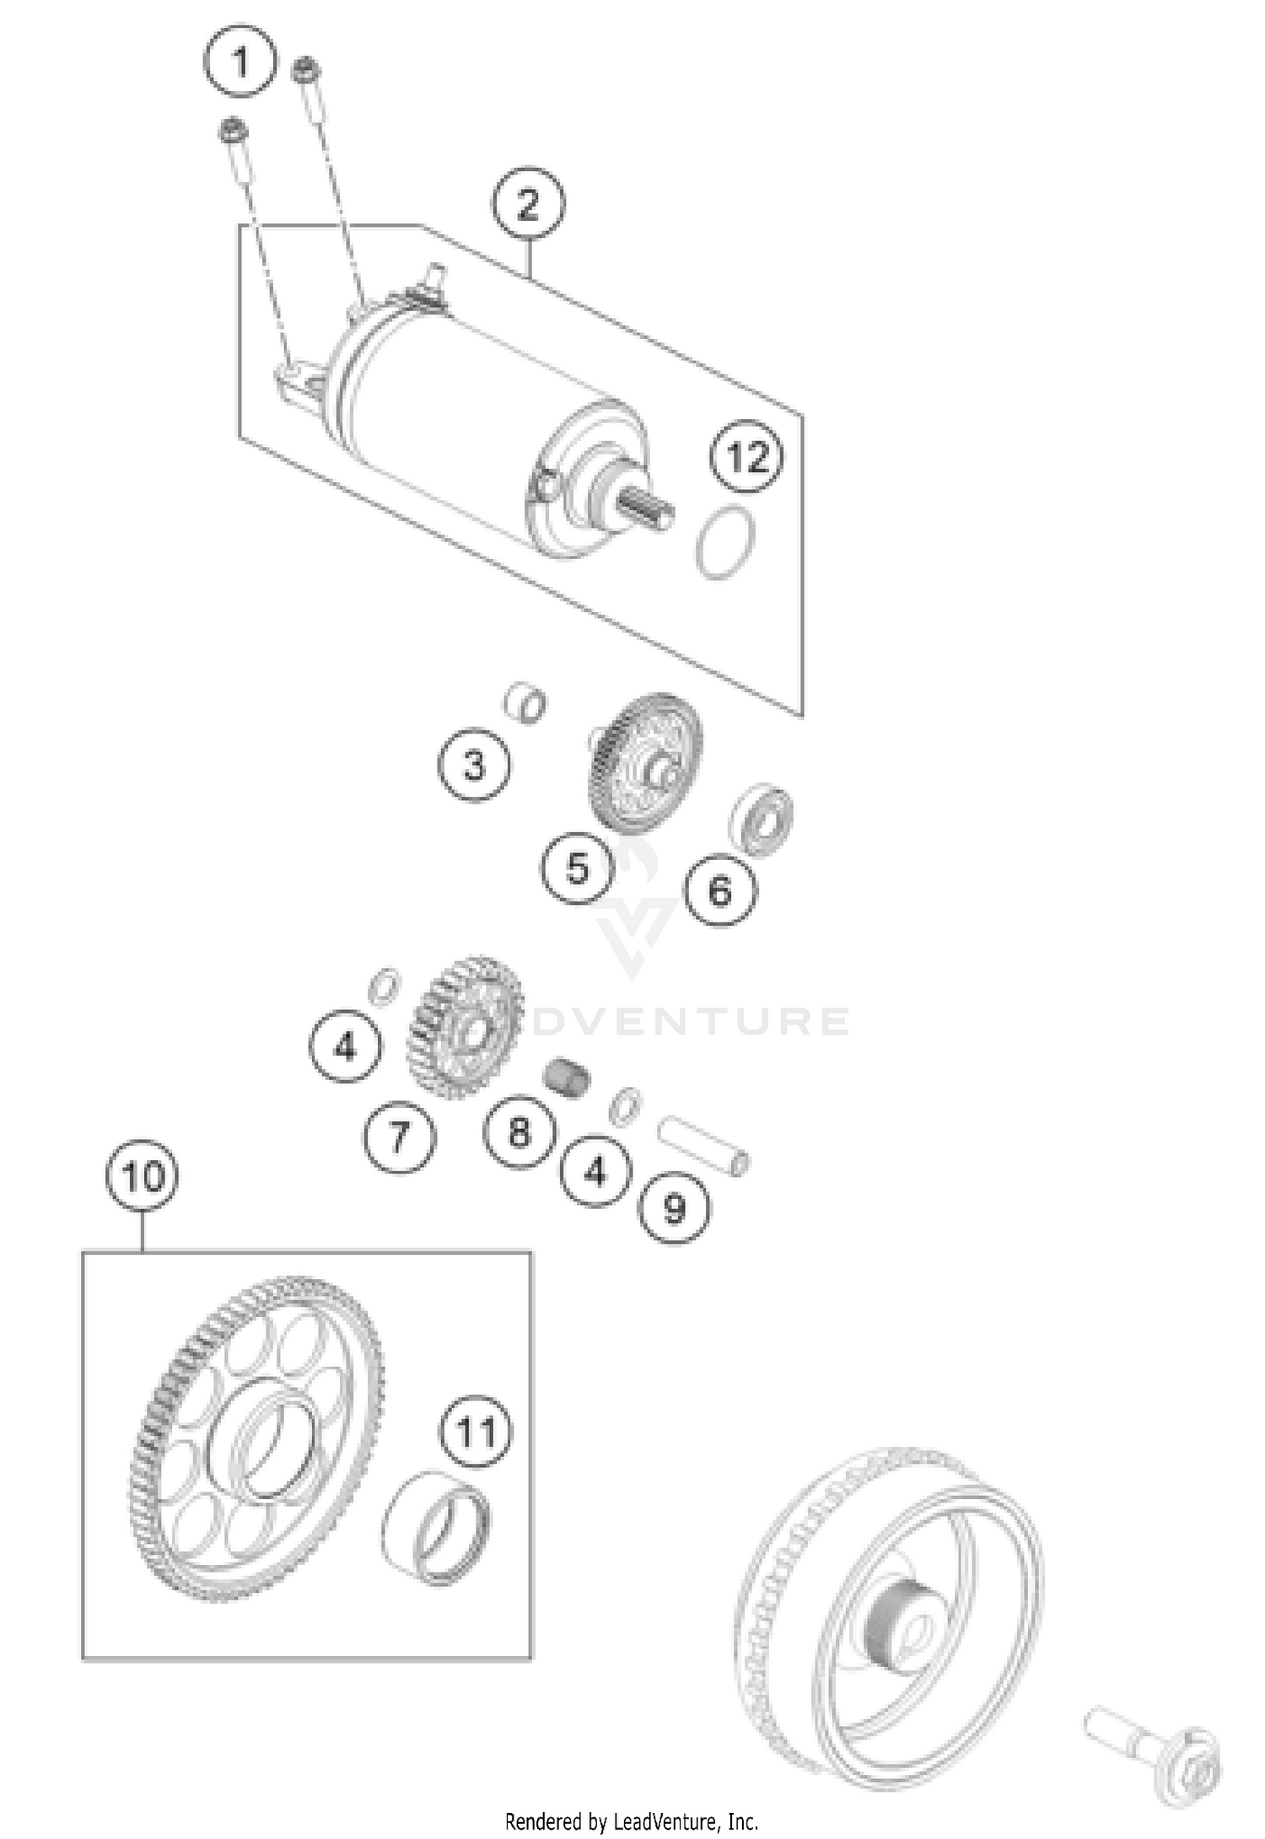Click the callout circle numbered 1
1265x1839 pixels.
point(240,62)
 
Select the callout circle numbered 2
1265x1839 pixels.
point(529,204)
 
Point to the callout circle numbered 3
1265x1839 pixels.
point(474,766)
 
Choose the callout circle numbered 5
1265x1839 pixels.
point(578,868)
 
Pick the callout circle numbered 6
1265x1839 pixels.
point(719,890)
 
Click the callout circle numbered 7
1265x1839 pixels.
point(400,1137)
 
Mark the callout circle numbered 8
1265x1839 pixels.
point(519,1132)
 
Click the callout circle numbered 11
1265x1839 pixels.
point(475,1432)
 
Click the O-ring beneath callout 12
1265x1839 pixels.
point(725,542)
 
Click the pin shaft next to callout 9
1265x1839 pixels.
point(703,1144)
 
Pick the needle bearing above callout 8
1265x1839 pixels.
point(566,1077)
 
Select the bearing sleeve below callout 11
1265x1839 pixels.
point(437,1529)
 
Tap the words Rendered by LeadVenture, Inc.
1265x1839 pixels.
point(631,1821)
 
